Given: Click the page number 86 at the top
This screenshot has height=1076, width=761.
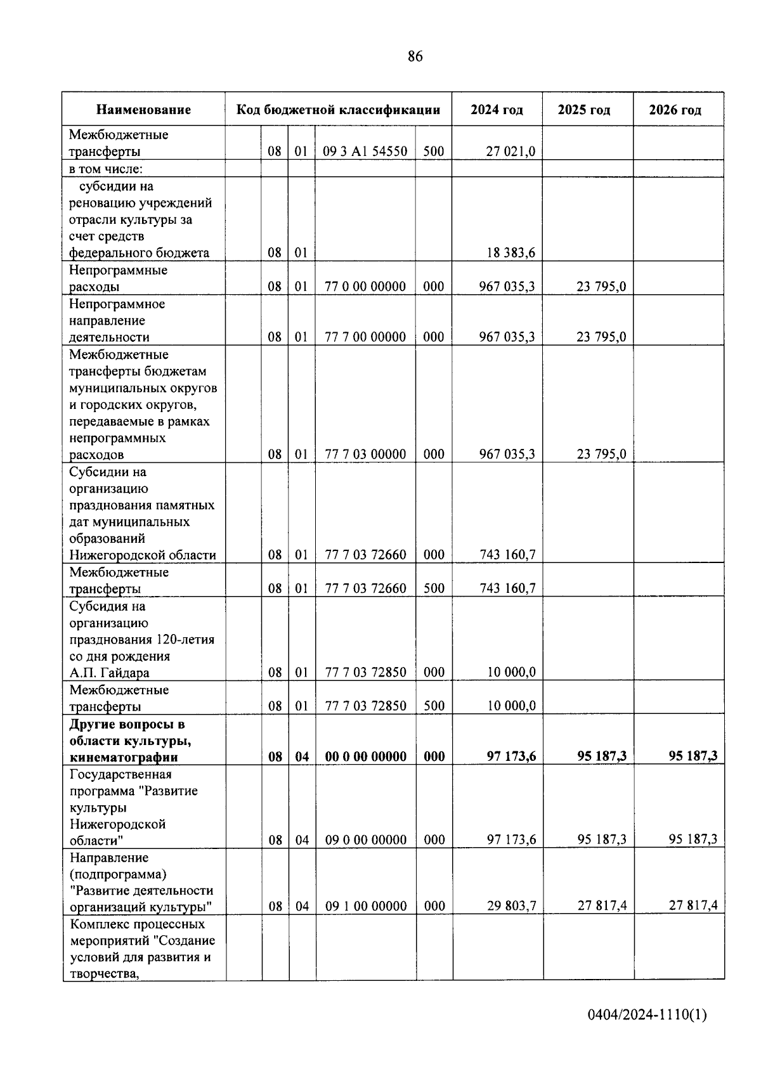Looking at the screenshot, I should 415,56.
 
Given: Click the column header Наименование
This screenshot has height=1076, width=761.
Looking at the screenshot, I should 143,110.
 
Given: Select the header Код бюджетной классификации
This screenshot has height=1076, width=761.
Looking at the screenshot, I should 338,110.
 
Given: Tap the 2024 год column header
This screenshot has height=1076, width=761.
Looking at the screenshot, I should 497,110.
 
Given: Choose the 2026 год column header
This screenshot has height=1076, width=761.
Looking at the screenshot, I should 675,110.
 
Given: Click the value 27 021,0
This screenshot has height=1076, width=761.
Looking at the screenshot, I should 511,152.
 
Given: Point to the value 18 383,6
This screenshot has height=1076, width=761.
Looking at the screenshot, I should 511,253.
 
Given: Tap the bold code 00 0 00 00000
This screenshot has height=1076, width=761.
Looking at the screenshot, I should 365,756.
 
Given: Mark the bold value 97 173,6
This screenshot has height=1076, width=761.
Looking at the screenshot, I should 511,756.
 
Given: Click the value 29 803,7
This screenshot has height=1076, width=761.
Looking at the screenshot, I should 511,906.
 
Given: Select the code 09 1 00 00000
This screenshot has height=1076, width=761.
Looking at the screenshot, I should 365,906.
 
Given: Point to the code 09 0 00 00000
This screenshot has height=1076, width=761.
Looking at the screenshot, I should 365,840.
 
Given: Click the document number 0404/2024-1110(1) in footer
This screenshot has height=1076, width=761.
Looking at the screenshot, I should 647,1015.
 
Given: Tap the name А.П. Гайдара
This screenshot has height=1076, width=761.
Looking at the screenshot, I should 109,673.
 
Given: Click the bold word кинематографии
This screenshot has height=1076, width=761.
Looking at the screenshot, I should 123,757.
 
